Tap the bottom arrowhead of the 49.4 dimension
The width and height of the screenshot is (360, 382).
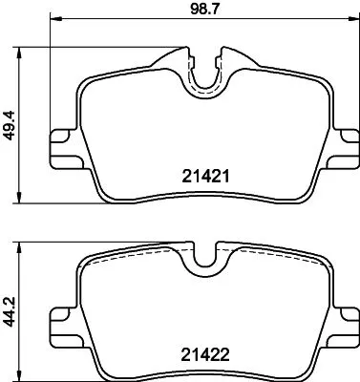pos(21,198)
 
